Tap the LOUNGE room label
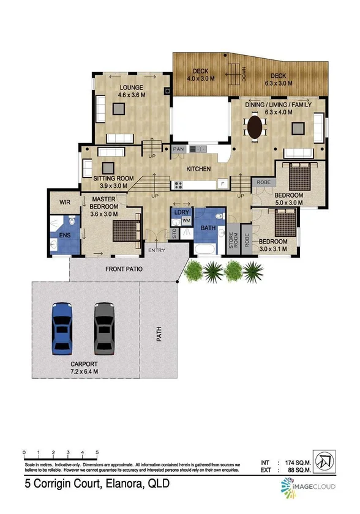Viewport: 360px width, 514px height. pyautogui.click(x=131, y=88)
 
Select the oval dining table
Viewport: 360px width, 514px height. pyautogui.click(x=256, y=128)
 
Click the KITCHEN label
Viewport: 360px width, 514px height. pyautogui.click(x=198, y=168)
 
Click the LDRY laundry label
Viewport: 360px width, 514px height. pyautogui.click(x=181, y=212)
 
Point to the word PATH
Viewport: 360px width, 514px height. pyautogui.click(x=159, y=334)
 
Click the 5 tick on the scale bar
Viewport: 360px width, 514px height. pyautogui.click(x=97, y=453)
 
